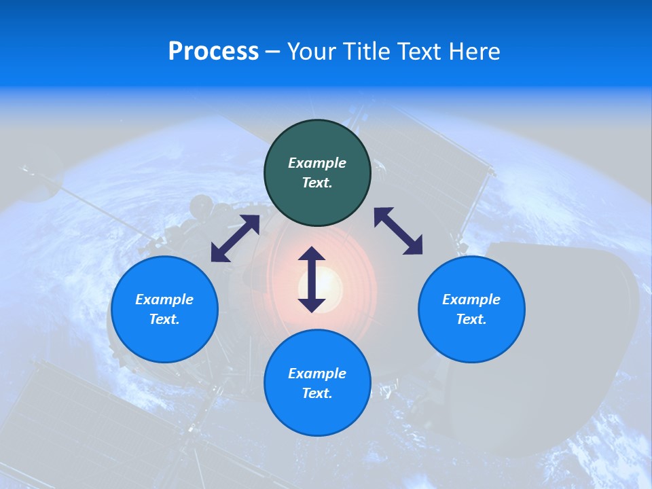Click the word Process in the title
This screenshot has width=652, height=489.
(213, 52)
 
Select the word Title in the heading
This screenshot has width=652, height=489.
(367, 52)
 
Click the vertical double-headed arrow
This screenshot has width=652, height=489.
(312, 279)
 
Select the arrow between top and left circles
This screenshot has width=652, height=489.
(235, 238)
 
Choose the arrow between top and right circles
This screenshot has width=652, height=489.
(399, 231)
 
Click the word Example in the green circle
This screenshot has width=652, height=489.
(317, 163)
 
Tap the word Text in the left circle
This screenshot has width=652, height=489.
(164, 319)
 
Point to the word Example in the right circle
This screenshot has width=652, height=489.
(471, 300)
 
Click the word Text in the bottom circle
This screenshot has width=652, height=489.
(317, 393)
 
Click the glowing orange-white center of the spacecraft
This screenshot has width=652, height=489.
(329, 280)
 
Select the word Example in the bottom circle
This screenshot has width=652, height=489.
(317, 374)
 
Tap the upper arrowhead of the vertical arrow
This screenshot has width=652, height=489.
(312, 254)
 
